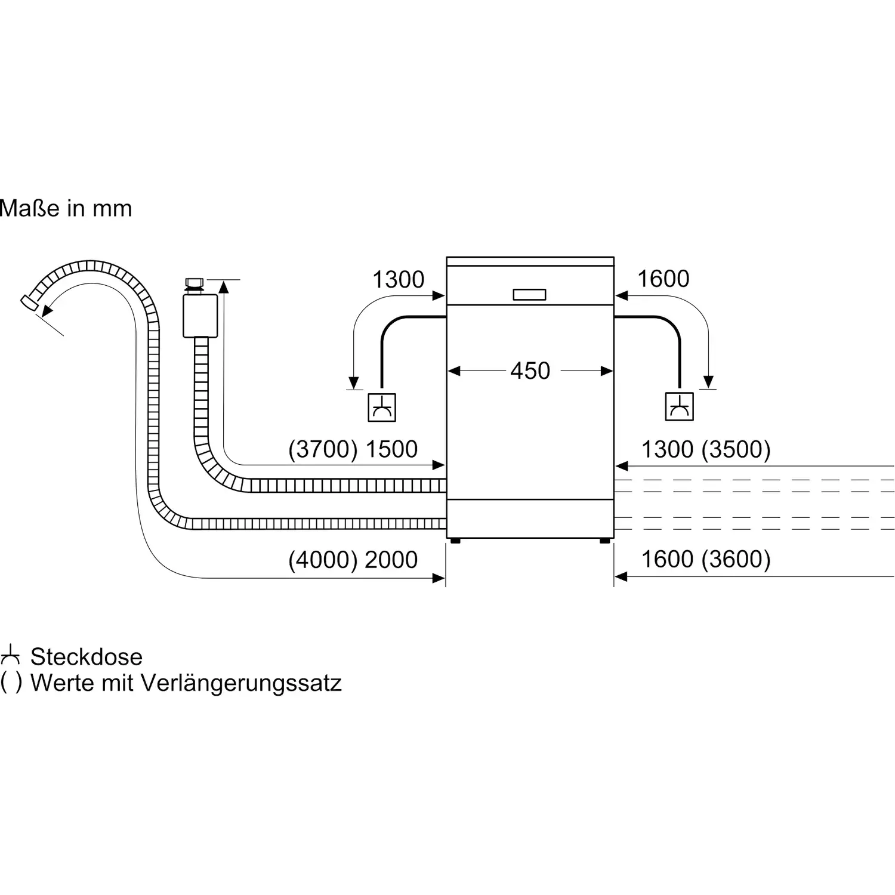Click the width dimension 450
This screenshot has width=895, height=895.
[x=530, y=371]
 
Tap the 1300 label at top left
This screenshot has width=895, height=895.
[x=398, y=279]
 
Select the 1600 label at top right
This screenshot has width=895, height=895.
[x=663, y=279]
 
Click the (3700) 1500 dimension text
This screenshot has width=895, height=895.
[x=353, y=449]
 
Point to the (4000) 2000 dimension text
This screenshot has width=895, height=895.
[x=353, y=560]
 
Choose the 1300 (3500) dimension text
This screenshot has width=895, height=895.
[x=705, y=449]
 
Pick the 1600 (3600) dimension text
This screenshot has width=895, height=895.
[x=705, y=559]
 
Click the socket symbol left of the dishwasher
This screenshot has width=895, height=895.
[x=381, y=408]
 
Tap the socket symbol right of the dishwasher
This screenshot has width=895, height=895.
[x=679, y=407]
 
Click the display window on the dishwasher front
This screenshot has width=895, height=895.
[x=529, y=295]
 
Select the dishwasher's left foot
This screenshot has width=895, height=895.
[x=456, y=541]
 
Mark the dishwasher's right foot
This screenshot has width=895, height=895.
[x=604, y=541]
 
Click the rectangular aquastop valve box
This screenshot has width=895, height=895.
[x=200, y=316]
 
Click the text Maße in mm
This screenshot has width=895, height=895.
[x=66, y=208]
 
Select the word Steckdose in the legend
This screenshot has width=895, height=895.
[x=87, y=657]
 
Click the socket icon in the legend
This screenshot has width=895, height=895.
[x=10, y=655]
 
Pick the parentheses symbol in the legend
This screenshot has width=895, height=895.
[x=11, y=682]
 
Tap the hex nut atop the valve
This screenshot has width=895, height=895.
[x=195, y=282]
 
